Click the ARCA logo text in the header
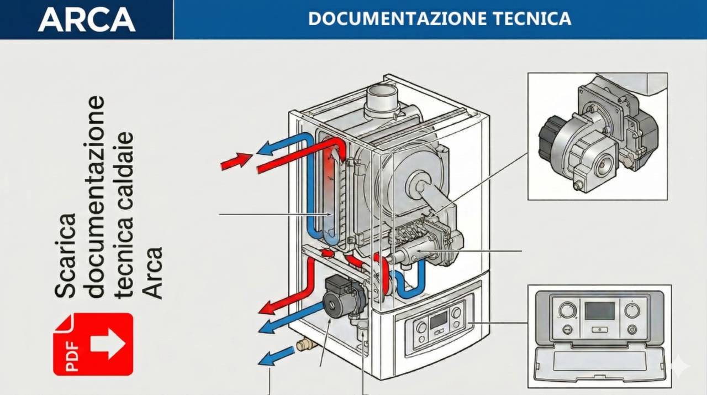(x=87, y=19)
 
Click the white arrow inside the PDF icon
(x=107, y=344)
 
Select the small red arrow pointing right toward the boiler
(x=235, y=161)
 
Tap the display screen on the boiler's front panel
(x=439, y=319)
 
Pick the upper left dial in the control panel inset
(x=567, y=310)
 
